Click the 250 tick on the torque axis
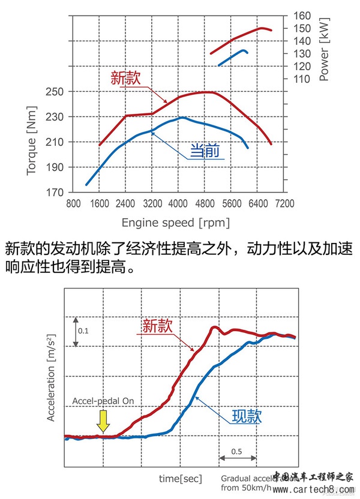56,92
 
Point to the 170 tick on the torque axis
56,193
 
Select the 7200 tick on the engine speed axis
285,203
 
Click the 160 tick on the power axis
302,16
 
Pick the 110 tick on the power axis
302,79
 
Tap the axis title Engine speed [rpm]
175,223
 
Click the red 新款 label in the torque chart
125,78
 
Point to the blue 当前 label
205,152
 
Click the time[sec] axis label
180,478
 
